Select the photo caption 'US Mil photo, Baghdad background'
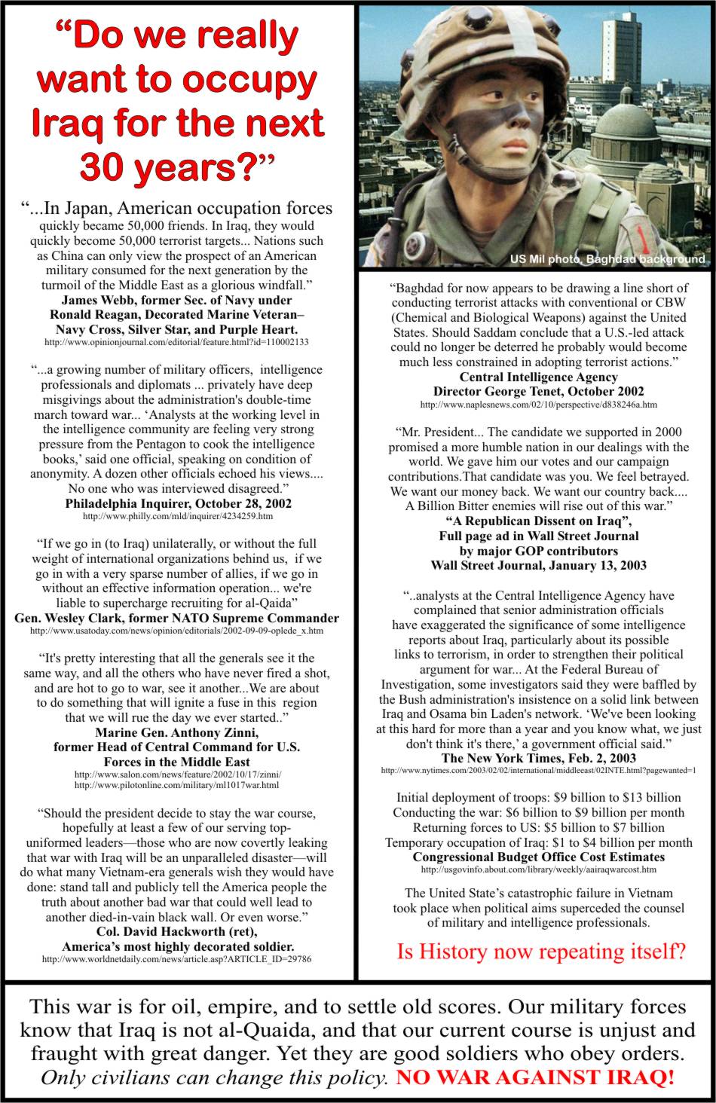click(607, 259)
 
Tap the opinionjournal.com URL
click(177, 342)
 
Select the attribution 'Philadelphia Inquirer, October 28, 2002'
click(179, 503)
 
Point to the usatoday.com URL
click(177, 630)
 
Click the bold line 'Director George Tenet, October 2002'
click(538, 391)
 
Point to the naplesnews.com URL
click(538, 405)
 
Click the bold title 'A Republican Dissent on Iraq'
click(538, 522)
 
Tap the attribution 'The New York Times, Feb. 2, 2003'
click(538, 758)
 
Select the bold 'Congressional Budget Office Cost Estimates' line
click(538, 857)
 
